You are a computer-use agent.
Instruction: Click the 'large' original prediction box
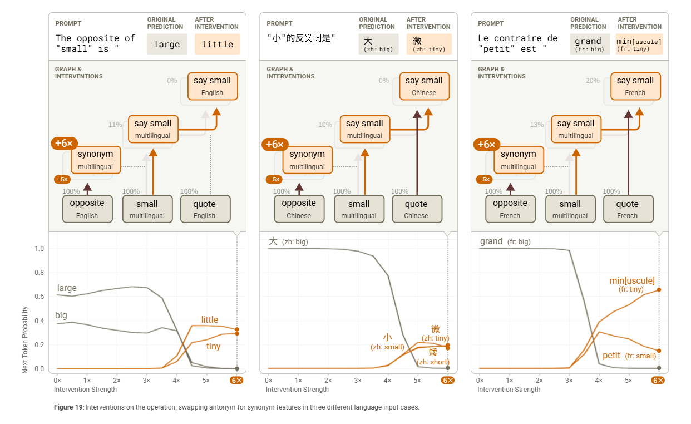click(167, 44)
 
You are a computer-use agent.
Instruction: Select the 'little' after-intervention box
click(217, 44)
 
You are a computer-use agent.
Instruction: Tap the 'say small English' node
click(212, 86)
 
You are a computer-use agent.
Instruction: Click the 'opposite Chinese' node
click(299, 209)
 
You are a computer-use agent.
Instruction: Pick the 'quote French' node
click(627, 209)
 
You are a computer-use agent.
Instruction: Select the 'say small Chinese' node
click(424, 86)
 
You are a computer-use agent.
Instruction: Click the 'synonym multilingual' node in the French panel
click(518, 160)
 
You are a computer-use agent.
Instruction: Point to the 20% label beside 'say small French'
click(593, 81)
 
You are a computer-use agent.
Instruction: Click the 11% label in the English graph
click(115, 125)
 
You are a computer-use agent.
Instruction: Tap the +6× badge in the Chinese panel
click(274, 145)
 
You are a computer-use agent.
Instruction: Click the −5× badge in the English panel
click(62, 179)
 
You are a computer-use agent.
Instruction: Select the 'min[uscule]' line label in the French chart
click(632, 281)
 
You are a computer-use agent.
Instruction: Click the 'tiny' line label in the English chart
click(213, 347)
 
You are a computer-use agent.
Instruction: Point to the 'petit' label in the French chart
click(611, 356)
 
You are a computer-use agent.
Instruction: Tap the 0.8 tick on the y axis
click(39, 272)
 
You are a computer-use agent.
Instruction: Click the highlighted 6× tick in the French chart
click(659, 381)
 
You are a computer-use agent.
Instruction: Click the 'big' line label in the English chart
click(61, 315)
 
